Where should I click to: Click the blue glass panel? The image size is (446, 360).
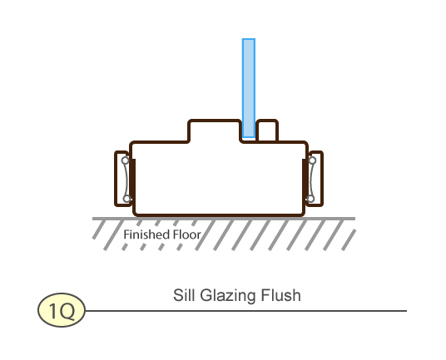pos(249,88)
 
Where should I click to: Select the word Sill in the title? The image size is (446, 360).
pos(184,295)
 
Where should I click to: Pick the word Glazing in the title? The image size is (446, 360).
pos(226,295)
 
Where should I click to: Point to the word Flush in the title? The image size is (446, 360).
pos(280,295)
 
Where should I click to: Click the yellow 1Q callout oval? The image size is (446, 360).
pos(62,310)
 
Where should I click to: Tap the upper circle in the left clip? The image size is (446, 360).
pos(125,160)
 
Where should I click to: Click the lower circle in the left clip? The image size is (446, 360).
pos(126,199)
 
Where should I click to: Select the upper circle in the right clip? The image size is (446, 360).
pos(312,160)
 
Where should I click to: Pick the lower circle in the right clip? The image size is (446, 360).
pos(311,199)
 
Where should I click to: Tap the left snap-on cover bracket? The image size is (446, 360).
pos(116,179)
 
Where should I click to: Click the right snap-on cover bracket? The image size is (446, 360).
pos(322,179)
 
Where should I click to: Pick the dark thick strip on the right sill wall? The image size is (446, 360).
pos(305,180)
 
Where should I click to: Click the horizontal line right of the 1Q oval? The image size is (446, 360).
pos(246,311)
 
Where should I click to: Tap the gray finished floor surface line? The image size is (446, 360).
pos(224,219)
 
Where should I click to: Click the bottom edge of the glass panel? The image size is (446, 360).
pos(249,137)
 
